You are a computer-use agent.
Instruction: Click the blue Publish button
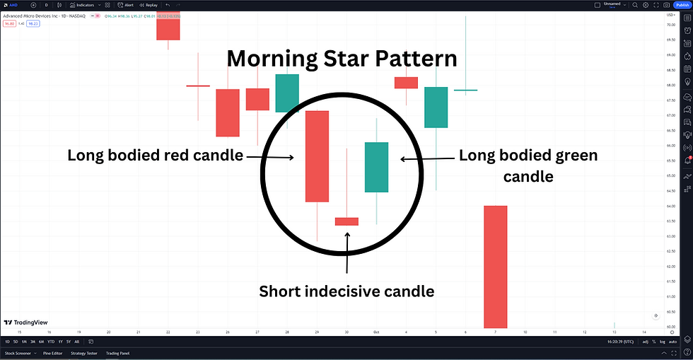point(681,5)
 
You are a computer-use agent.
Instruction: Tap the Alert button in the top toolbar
point(127,5)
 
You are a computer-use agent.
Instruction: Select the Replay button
point(149,5)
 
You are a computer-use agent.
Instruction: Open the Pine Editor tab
point(52,352)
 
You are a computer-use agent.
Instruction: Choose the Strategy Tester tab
point(83,352)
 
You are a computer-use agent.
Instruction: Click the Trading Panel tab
point(117,352)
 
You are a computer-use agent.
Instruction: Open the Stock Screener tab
point(18,352)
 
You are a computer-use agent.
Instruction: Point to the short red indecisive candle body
point(346,221)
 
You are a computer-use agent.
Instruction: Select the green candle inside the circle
point(376,167)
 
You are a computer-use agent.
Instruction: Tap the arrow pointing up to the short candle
point(346,251)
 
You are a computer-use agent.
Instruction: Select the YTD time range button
point(52,342)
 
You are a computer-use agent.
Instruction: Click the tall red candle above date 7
point(495,266)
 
